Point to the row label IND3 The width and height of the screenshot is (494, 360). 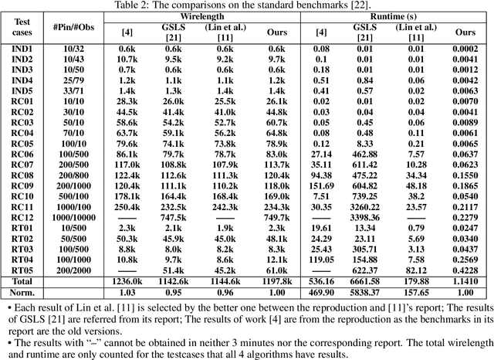[x=22, y=69]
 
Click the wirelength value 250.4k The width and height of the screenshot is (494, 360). [x=126, y=207]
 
